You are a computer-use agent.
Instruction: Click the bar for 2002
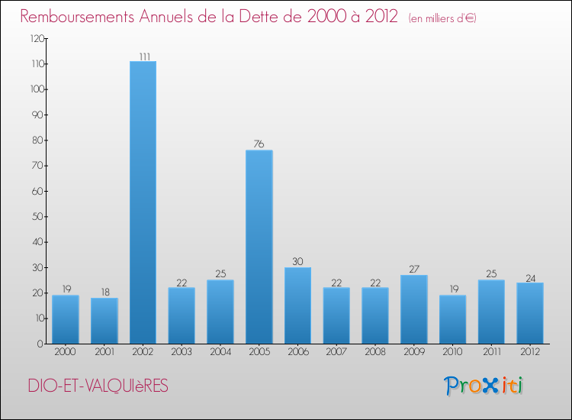[x=143, y=202]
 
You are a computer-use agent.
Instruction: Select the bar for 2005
[x=259, y=247]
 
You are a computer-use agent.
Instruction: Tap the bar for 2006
[x=297, y=305]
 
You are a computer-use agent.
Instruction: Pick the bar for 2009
[x=414, y=309]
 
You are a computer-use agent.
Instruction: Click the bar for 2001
[x=104, y=321]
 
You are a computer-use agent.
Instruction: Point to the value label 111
[x=143, y=56]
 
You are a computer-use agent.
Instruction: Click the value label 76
[x=259, y=144]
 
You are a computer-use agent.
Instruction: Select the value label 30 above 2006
[x=297, y=262]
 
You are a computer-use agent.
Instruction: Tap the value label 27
[x=414, y=270]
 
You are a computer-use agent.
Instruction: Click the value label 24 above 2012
[x=530, y=277]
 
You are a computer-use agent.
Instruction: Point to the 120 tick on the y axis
[x=35, y=38]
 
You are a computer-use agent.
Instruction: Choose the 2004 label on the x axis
[x=220, y=352]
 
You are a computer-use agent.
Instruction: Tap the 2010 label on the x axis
[x=453, y=352]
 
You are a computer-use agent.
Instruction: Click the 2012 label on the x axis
[x=530, y=352]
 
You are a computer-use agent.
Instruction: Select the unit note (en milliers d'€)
[x=443, y=18]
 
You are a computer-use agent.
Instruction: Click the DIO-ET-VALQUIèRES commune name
[x=98, y=386]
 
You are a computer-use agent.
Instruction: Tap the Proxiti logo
[x=484, y=386]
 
